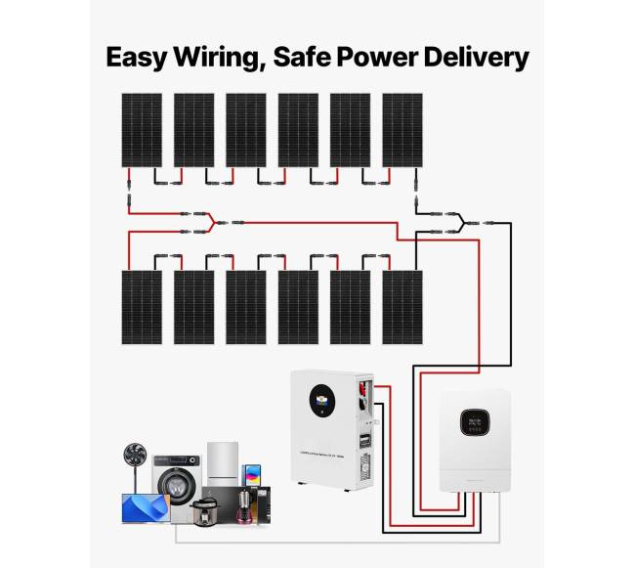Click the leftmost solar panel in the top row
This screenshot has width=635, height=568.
tap(142, 130)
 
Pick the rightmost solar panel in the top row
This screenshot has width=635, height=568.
tap(402, 130)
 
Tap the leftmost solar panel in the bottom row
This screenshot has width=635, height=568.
tap(142, 307)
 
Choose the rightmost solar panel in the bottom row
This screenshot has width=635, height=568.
tap(402, 307)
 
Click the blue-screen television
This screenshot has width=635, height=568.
tap(143, 509)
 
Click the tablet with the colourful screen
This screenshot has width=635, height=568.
tap(251, 477)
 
